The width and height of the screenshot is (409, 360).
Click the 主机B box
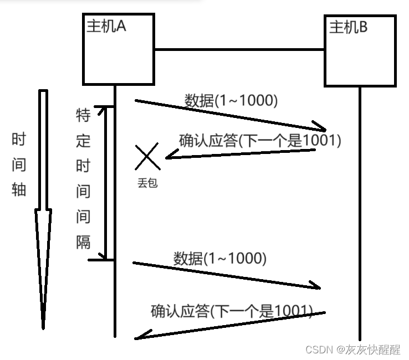(x=360, y=51)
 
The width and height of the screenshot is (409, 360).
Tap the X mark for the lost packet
(x=147, y=156)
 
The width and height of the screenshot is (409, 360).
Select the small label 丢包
(x=147, y=183)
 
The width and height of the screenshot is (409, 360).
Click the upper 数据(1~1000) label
(x=231, y=101)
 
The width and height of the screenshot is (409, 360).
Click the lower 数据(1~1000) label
(x=220, y=259)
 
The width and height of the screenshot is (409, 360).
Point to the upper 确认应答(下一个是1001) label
(x=259, y=141)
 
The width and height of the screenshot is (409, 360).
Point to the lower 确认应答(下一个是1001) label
(x=232, y=311)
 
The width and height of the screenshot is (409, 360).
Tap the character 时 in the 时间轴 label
(x=19, y=140)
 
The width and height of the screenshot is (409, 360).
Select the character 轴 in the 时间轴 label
(x=19, y=190)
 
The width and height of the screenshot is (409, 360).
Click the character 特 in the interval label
(x=83, y=116)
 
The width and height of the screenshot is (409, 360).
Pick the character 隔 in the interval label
(x=83, y=241)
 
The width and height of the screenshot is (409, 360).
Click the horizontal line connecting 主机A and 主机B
(x=239, y=50)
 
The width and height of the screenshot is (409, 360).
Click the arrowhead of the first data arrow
(x=320, y=126)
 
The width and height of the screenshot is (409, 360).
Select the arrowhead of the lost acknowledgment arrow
(x=170, y=157)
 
